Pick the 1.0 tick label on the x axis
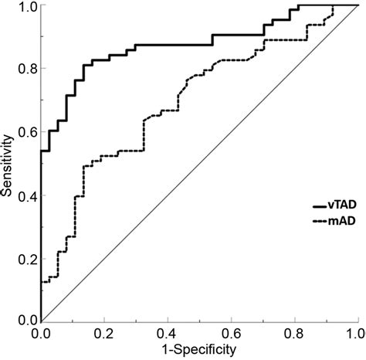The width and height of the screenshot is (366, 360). pos(354,333)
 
